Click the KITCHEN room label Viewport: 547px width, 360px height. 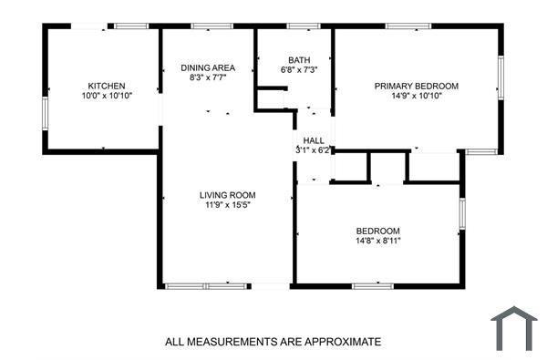[107, 86]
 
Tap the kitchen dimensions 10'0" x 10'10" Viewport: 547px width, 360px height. [107, 96]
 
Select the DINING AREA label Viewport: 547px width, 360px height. [208, 68]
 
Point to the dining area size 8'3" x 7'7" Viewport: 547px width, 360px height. [208, 78]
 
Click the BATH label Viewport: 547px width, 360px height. [299, 60]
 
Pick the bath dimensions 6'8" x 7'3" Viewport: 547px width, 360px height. [299, 70]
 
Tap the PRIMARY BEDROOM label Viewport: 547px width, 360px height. [417, 86]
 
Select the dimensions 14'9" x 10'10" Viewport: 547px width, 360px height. [417, 96]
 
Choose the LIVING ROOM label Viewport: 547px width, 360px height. [228, 195]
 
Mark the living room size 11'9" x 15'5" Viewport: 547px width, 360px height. [228, 205]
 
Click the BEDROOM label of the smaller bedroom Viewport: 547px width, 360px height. [377, 231]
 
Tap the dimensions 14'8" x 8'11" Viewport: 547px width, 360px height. [377, 241]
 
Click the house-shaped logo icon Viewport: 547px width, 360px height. [514, 328]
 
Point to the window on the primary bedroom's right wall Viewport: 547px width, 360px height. [500, 77]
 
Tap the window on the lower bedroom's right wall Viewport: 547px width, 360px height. [462, 212]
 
